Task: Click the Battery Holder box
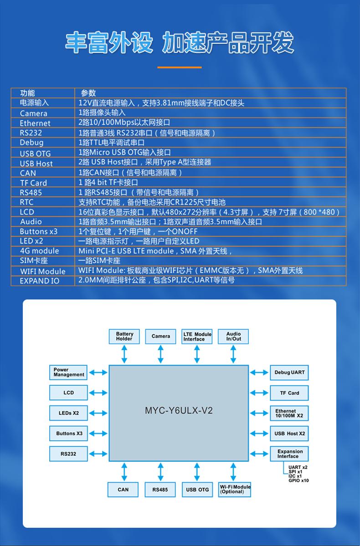124,337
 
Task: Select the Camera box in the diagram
160,337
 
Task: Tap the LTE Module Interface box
197,337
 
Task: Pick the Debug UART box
289,373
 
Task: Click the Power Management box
68,372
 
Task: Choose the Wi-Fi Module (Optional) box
235,489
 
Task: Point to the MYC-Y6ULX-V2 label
179,411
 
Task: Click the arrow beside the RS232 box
98,454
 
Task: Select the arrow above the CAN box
124,472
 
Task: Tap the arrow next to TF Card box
259,393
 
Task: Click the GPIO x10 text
298,480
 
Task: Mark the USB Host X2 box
289,434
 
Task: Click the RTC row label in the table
27,202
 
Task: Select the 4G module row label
39,251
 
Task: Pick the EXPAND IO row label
39,281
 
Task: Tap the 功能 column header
27,93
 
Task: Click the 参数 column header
88,93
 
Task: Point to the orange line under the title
180,67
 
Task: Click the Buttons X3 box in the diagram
69,434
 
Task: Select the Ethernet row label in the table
35,123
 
